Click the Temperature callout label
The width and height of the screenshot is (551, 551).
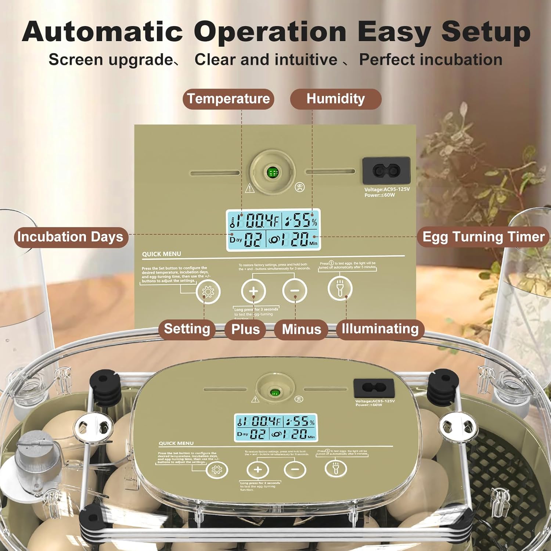tap(228, 99)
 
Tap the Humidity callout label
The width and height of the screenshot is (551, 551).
tap(335, 99)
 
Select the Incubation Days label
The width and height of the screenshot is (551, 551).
tap(71, 237)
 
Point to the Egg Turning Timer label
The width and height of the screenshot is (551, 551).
tap(483, 237)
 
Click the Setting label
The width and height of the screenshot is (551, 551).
tap(187, 329)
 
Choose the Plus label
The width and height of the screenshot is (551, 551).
tap(245, 329)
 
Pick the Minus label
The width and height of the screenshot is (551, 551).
tap(301, 329)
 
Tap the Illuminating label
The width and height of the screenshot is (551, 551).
tap(380, 329)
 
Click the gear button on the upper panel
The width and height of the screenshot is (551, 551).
tap(208, 292)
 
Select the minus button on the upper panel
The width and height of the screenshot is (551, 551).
tap(295, 291)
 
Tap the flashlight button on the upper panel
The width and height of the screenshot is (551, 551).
tap(340, 288)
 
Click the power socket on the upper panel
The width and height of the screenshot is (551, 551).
tap(386, 170)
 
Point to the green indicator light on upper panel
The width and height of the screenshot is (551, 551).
tap(273, 172)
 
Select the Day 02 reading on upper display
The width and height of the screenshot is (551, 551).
tap(246, 240)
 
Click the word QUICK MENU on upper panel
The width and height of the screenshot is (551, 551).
tap(162, 254)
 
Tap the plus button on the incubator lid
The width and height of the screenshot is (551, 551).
tap(258, 469)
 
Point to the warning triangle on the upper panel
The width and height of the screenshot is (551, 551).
tap(250, 188)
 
